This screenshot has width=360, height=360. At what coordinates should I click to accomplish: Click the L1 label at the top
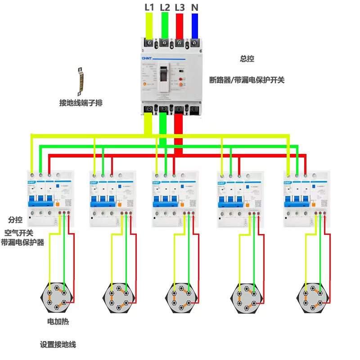pos(149,7)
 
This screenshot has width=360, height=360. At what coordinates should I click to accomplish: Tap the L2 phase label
pos(165,7)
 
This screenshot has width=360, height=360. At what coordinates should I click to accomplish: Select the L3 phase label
pos(180,7)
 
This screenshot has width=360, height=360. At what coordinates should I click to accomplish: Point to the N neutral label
pos(194,7)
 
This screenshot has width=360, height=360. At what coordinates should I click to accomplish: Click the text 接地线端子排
pos(81,103)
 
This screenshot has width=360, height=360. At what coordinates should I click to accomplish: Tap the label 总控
pos(247,58)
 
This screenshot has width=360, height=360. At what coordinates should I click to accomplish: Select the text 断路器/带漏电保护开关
pos(247,80)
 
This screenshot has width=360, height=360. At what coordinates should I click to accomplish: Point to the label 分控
pos(15,220)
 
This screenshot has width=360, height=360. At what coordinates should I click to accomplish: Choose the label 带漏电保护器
pos(22,243)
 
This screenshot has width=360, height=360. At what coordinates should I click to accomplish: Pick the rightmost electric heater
pos(311,297)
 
